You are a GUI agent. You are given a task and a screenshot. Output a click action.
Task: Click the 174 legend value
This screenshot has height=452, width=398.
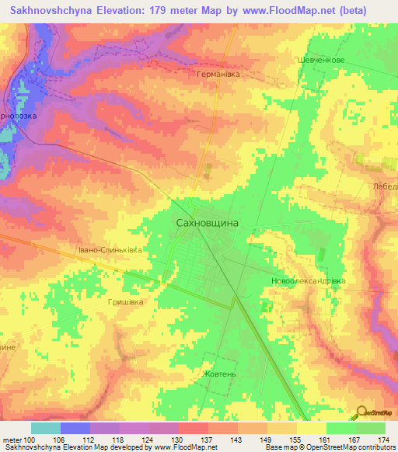click(x=384, y=440)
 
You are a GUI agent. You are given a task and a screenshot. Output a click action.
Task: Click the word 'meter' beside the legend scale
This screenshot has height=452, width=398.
click(x=12, y=440)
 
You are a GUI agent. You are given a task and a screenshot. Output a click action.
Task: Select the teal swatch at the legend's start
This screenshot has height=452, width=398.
click(x=46, y=428)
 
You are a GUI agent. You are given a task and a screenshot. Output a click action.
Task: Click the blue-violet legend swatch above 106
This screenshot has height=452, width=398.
click(x=75, y=428)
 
